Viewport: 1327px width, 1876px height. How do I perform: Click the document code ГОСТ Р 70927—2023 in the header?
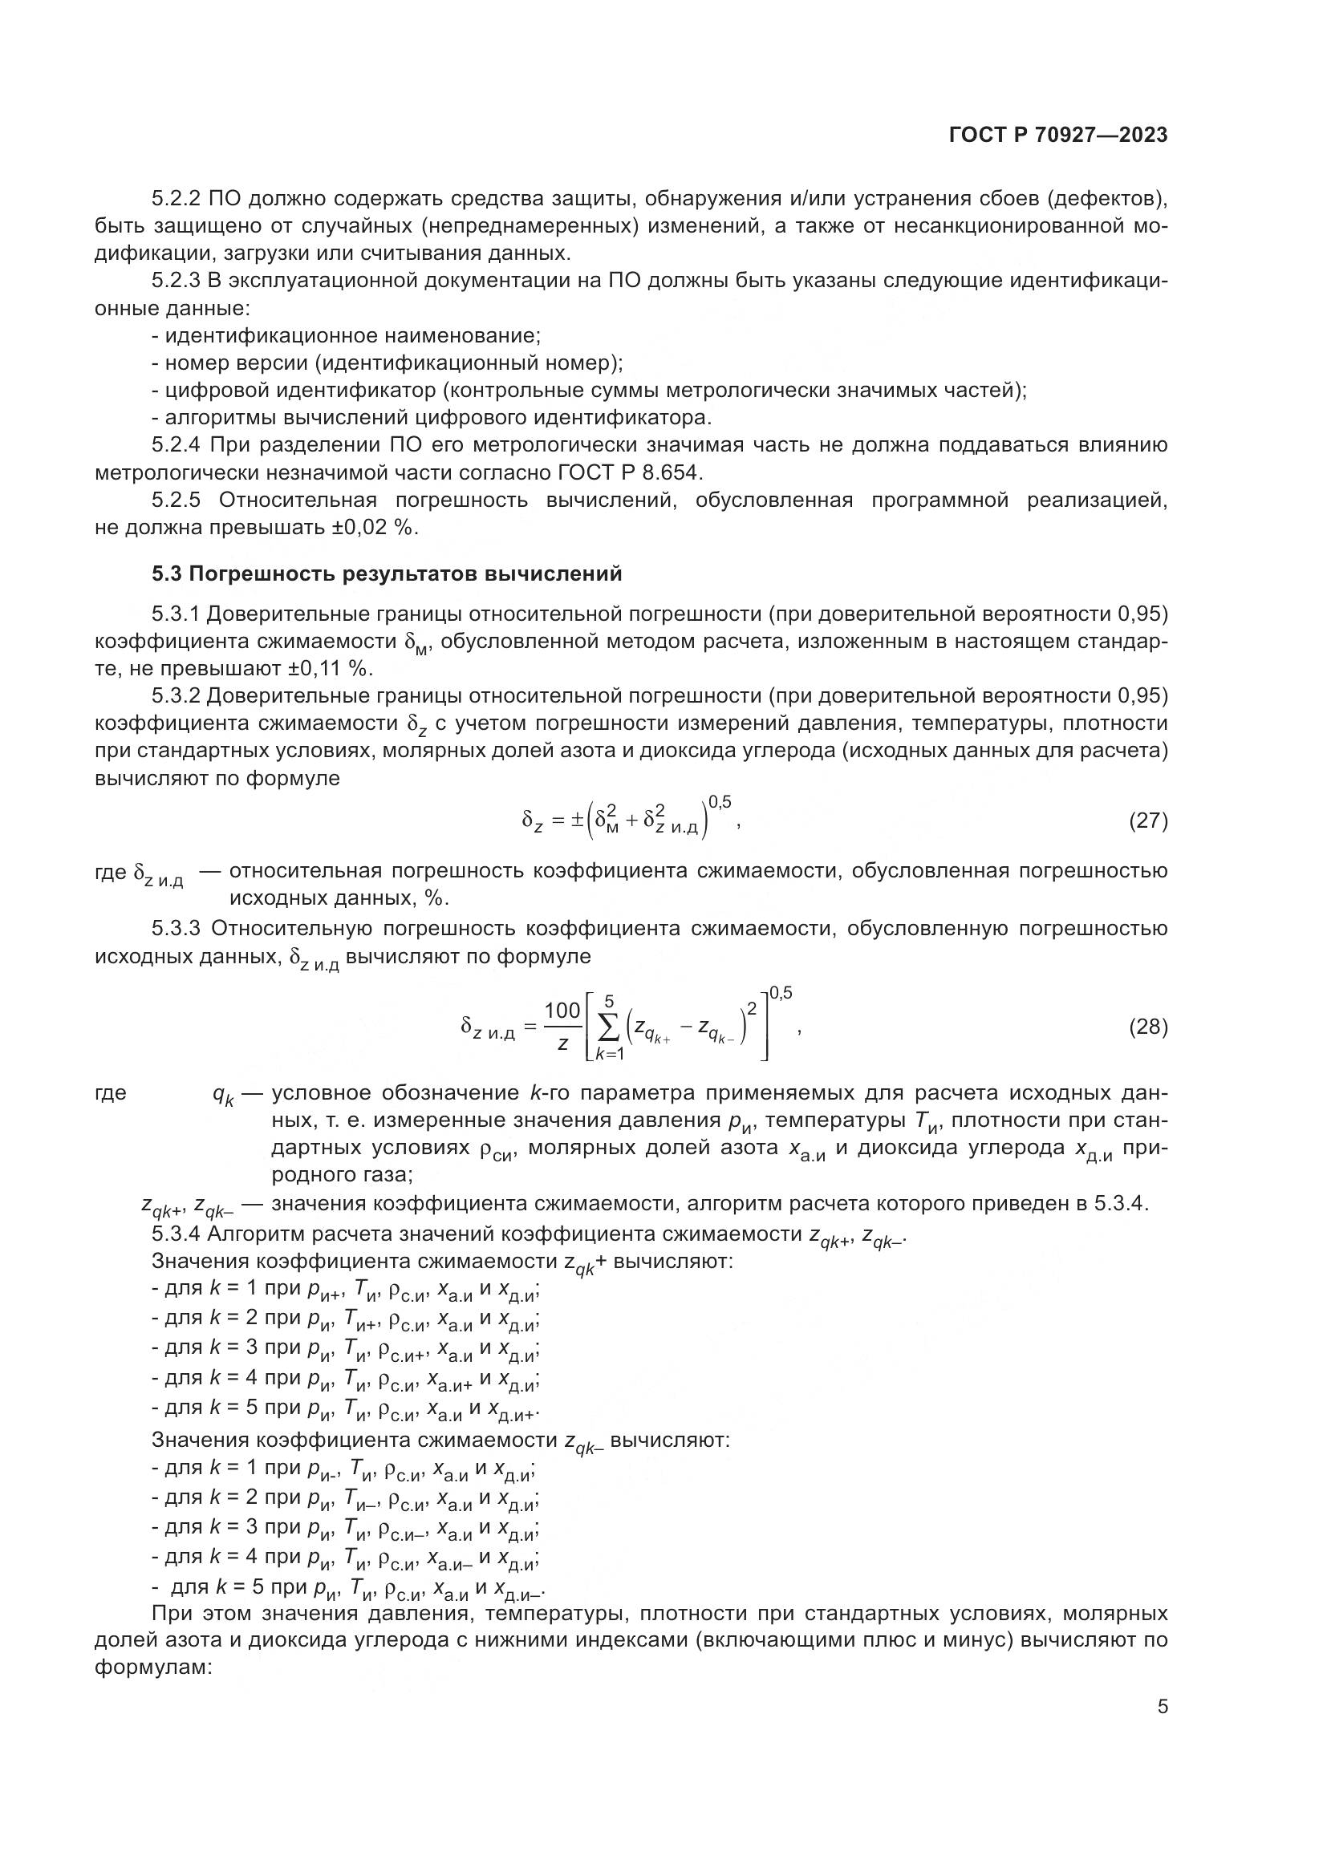coord(1058,136)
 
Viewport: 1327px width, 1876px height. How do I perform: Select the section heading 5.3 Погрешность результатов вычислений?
coord(387,573)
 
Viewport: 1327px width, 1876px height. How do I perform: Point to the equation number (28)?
coord(1147,1027)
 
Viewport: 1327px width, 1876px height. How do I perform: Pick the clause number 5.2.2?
coord(176,199)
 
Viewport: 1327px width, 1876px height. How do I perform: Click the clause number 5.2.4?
coord(176,445)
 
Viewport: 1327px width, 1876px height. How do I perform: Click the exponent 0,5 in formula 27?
coord(720,803)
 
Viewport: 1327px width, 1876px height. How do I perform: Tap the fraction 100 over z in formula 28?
coord(562,1027)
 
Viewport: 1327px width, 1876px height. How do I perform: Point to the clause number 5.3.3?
coord(176,929)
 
